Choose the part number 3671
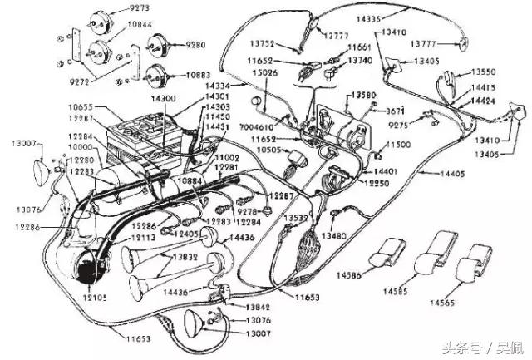(395, 111)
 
